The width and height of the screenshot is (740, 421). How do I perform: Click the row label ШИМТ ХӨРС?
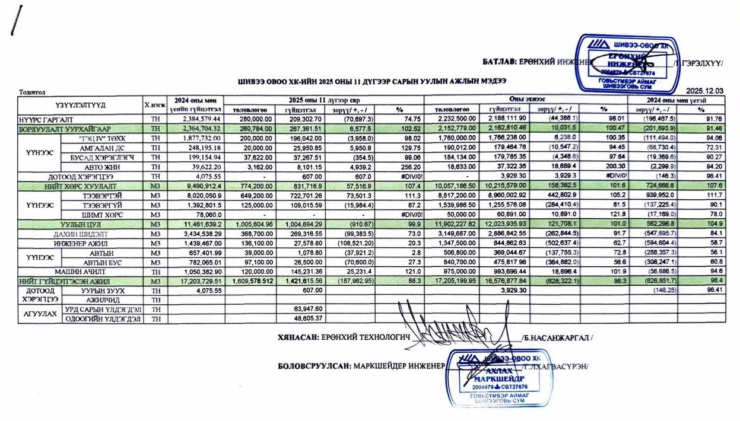click(x=107, y=215)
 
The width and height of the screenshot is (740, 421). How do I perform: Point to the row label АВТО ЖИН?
click(x=107, y=167)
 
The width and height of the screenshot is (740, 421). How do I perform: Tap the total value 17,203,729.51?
click(x=195, y=281)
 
